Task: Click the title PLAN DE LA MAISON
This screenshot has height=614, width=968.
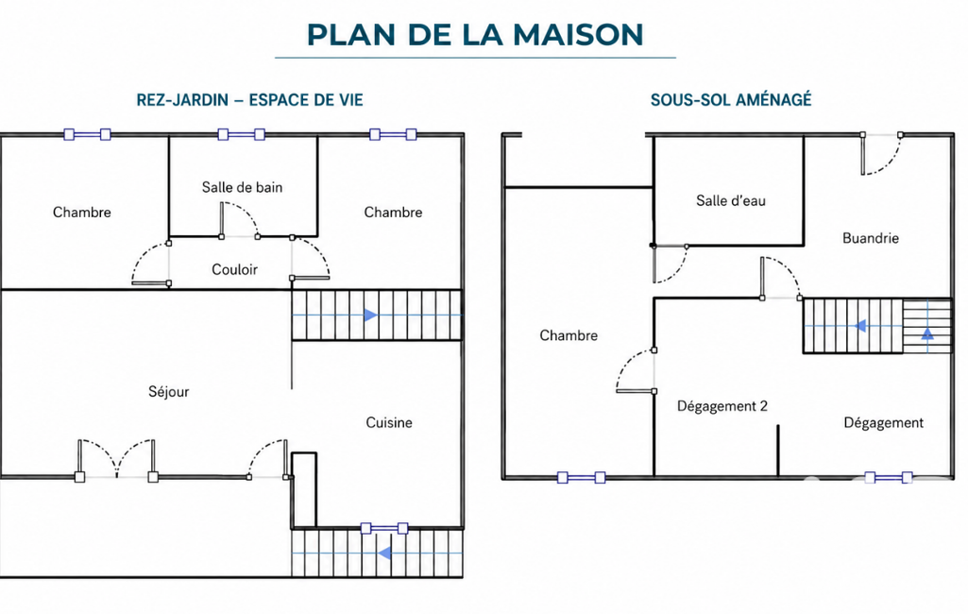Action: point(475,35)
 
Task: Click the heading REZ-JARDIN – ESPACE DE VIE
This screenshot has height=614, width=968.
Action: point(249,100)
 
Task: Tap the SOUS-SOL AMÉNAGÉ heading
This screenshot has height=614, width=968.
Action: point(731,99)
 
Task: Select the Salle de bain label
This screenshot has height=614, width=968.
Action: point(242,187)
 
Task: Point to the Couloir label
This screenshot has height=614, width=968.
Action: point(234,269)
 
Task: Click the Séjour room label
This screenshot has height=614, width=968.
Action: point(168,392)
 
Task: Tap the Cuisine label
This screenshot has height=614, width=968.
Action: point(389,422)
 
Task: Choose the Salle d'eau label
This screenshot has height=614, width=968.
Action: point(731,201)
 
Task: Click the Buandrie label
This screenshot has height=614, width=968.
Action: point(871,238)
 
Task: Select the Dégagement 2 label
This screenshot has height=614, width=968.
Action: point(722,406)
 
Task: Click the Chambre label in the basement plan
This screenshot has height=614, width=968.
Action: point(569,335)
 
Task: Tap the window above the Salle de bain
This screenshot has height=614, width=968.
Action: point(242,134)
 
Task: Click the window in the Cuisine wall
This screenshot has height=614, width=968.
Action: point(384,528)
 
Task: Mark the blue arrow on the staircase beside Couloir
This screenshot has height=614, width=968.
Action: point(370,316)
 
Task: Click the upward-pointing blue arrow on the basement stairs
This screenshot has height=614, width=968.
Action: point(927,334)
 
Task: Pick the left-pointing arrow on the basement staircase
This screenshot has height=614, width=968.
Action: point(860,326)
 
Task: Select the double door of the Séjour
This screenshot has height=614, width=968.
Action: point(116,459)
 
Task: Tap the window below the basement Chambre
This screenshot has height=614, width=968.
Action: point(581,477)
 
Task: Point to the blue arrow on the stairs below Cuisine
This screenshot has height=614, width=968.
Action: point(384,553)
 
